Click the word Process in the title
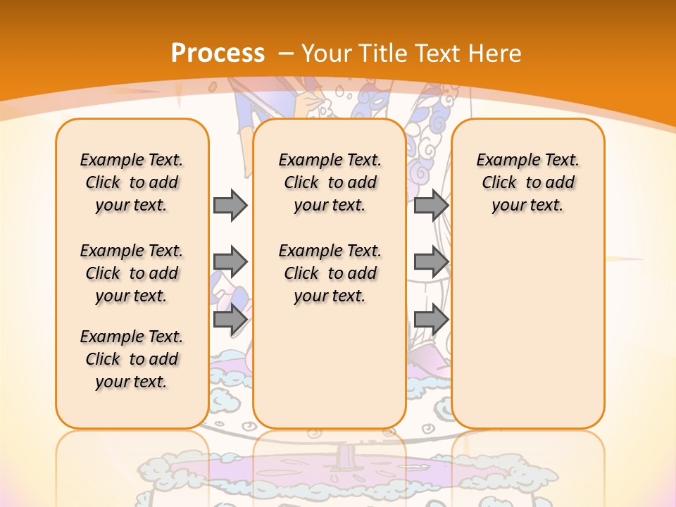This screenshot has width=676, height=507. pos(218,53)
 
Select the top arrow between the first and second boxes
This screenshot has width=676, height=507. pos(230,205)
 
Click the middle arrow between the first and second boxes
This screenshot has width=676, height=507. pos(230,262)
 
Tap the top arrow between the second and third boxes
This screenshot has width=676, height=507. pos(431,205)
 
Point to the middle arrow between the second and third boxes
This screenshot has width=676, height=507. pos(431,262)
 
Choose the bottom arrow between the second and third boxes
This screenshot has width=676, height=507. pos(431,319)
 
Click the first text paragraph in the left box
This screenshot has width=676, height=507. pos(132,182)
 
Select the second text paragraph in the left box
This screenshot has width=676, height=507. pos(132,273)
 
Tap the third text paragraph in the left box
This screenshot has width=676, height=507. pos(132,359)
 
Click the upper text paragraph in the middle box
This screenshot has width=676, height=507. pos(330,182)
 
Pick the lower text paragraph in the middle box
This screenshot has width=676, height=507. pos(330,273)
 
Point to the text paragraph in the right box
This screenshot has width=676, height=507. pos(527,182)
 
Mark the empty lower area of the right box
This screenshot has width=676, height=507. pos(527,331)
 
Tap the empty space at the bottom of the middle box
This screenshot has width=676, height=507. pos(330,373)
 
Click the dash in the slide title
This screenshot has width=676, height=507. pos(286,53)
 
